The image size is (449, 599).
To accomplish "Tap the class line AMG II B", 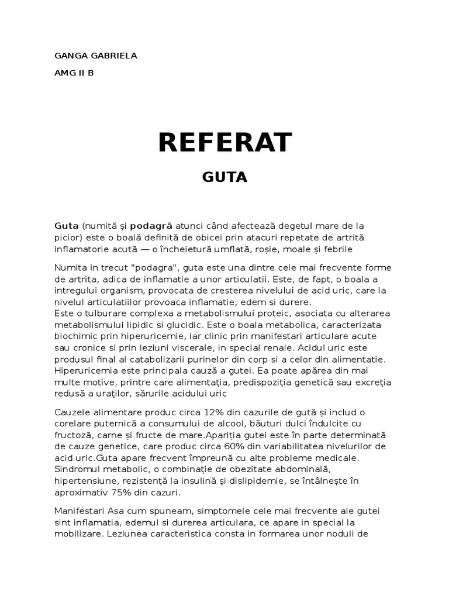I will (x=74, y=74).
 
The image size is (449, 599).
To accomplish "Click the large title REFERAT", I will (x=224, y=142).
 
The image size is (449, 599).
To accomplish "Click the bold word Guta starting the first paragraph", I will (x=67, y=226).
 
